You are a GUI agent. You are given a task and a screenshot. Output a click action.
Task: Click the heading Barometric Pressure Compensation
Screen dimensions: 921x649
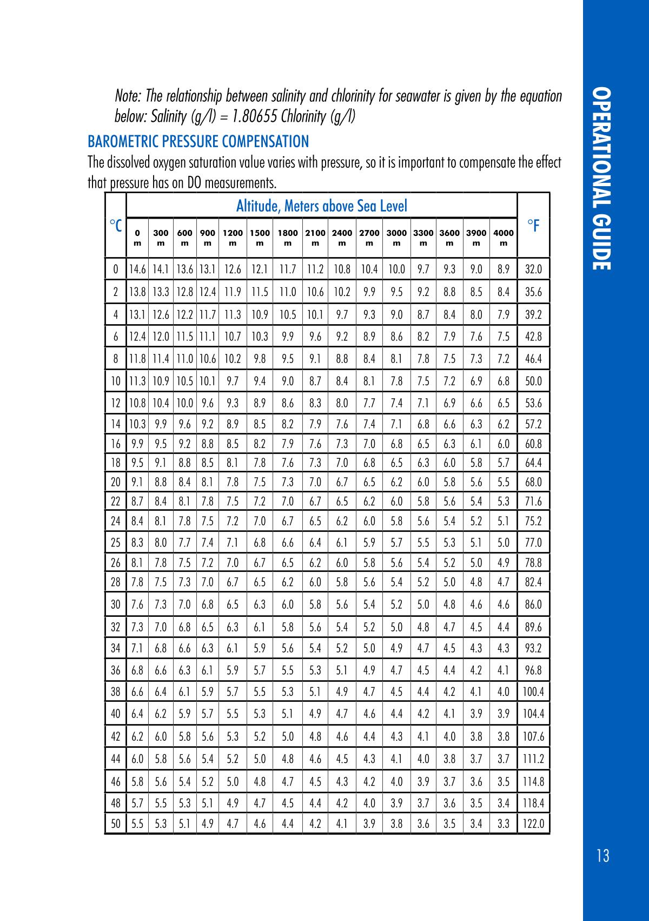[x=198, y=142]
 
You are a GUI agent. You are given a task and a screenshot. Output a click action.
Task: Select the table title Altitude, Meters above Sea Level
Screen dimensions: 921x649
[x=321, y=206]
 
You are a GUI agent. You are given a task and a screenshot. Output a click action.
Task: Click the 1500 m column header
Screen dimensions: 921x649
[x=260, y=238]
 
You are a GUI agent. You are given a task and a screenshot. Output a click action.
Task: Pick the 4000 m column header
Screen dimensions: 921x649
[x=504, y=238]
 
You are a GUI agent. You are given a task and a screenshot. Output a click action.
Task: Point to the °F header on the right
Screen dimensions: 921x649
[x=533, y=225]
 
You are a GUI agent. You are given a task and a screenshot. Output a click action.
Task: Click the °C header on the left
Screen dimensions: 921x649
[x=115, y=225]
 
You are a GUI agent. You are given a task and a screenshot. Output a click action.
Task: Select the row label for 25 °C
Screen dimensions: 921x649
[x=115, y=542]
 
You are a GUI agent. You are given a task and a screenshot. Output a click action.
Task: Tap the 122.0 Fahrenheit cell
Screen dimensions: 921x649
[x=533, y=824]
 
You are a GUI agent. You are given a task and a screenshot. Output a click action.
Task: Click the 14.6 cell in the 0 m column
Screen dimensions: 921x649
[x=137, y=269]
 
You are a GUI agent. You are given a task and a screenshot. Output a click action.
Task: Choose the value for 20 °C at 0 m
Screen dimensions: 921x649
[x=137, y=482]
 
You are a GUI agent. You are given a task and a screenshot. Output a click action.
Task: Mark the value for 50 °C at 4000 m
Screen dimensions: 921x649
[x=504, y=824]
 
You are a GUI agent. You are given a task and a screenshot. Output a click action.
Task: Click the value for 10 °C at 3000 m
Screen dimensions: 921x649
[x=396, y=381]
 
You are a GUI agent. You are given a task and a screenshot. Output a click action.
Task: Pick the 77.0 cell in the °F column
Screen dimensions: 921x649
[x=533, y=542]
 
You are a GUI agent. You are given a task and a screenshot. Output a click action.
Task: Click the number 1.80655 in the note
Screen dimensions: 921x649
[x=263, y=116]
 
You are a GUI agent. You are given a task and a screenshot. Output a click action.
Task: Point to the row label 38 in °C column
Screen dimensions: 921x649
[x=115, y=692]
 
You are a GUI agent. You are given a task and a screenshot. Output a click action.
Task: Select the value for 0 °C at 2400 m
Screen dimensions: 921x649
[x=342, y=269]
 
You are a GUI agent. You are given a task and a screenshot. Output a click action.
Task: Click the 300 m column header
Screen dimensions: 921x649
[x=161, y=238]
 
